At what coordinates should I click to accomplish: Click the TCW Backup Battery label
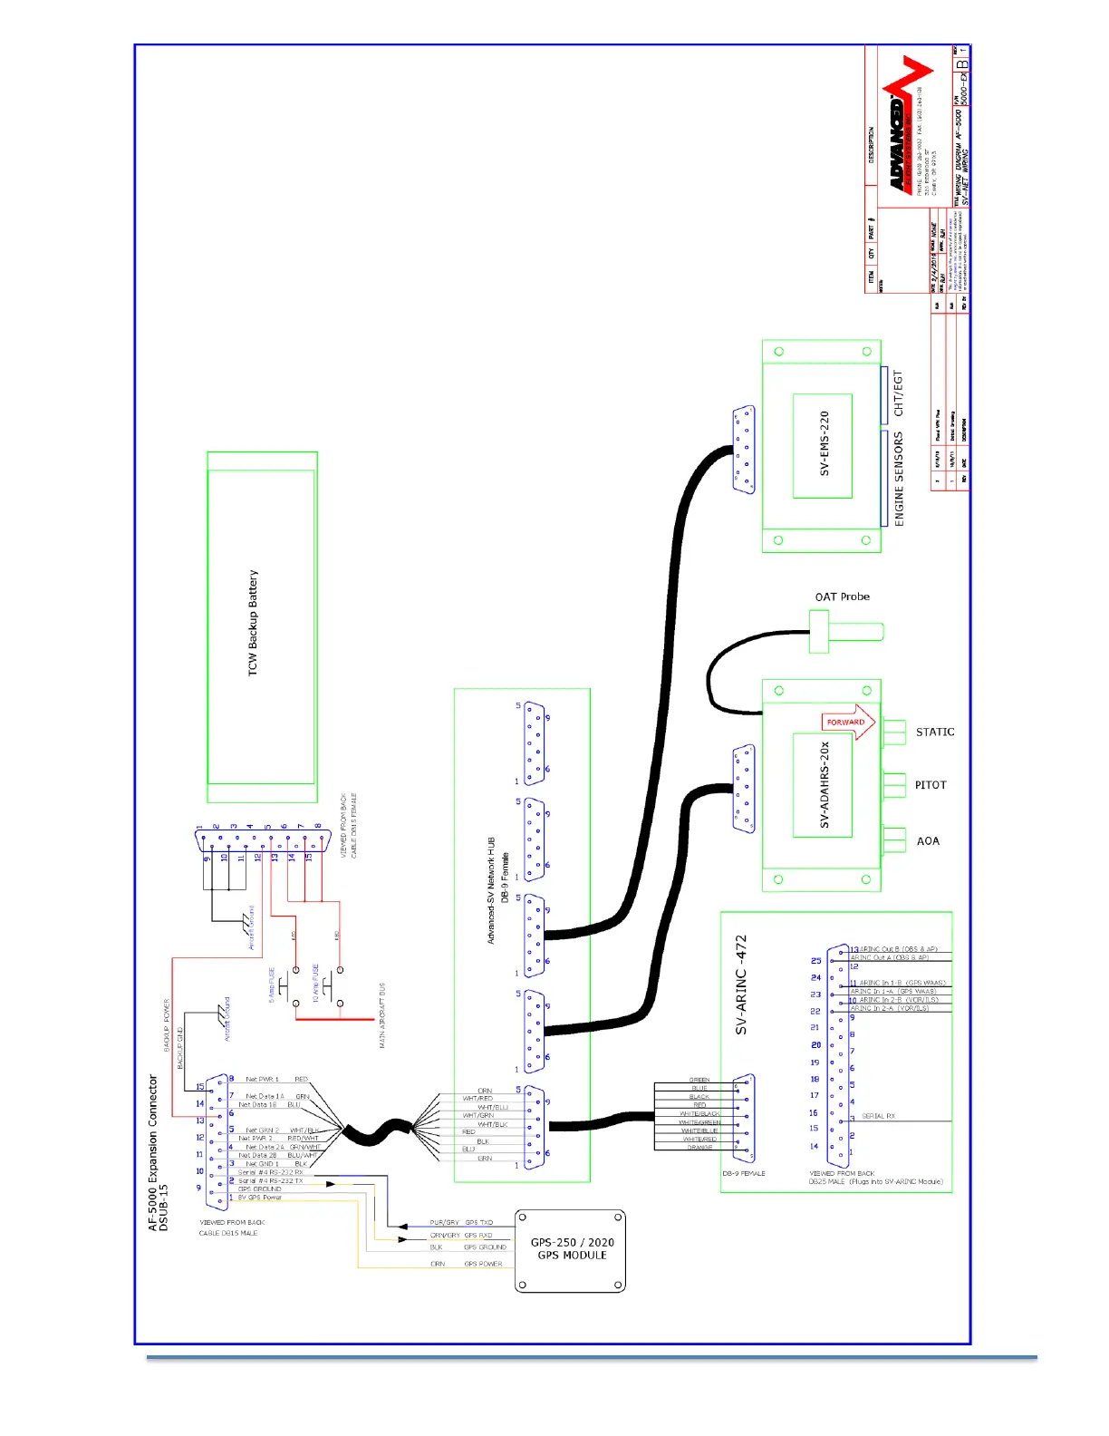coord(253,623)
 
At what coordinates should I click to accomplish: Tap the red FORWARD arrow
coord(849,723)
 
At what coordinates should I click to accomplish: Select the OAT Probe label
coord(842,597)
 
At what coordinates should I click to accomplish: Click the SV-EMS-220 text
coord(825,444)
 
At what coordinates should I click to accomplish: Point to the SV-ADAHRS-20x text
coord(825,785)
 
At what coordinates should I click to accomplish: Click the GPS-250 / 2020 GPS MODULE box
coord(571,1250)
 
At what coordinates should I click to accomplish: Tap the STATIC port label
coord(935,733)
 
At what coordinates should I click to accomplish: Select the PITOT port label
coord(931,785)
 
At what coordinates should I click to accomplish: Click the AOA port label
coord(928,841)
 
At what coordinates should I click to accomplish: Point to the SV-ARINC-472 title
coord(742,985)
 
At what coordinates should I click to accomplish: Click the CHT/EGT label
coord(899,393)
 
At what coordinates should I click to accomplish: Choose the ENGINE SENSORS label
coord(899,479)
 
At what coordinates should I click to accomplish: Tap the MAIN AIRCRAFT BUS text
coord(382,1015)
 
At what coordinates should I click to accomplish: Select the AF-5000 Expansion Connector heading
coord(158,1152)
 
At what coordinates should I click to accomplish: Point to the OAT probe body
coord(846,631)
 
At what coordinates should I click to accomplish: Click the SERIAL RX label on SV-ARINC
coord(878,1116)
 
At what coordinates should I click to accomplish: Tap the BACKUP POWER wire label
coord(167,1025)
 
